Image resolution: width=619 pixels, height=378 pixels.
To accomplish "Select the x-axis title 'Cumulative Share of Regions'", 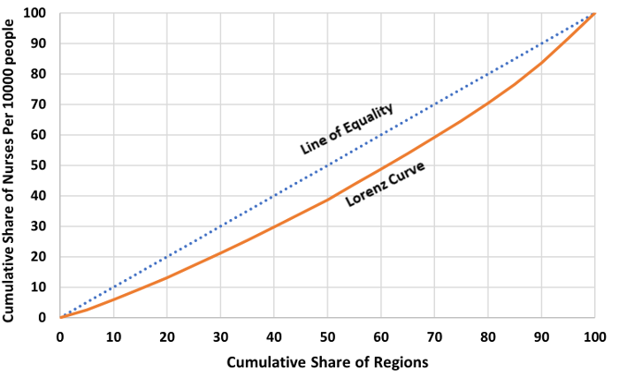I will coord(326,362).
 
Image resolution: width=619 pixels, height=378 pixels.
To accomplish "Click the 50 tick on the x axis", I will coord(327,336).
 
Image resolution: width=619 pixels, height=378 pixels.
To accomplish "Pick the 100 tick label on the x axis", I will coord(594,336).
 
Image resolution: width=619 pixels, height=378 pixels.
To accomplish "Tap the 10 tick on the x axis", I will coord(113,336).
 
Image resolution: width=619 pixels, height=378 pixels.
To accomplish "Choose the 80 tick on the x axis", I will coord(487,336).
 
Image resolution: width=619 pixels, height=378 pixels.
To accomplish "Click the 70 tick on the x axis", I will coord(434,336).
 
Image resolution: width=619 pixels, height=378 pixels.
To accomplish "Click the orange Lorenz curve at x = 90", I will coord(541,62).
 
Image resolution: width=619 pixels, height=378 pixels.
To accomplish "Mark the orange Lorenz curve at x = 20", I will coord(167,277).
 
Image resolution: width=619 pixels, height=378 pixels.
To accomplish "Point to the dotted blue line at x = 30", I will coord(220,226).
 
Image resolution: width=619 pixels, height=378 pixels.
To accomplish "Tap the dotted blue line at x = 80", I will coord(487,74).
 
